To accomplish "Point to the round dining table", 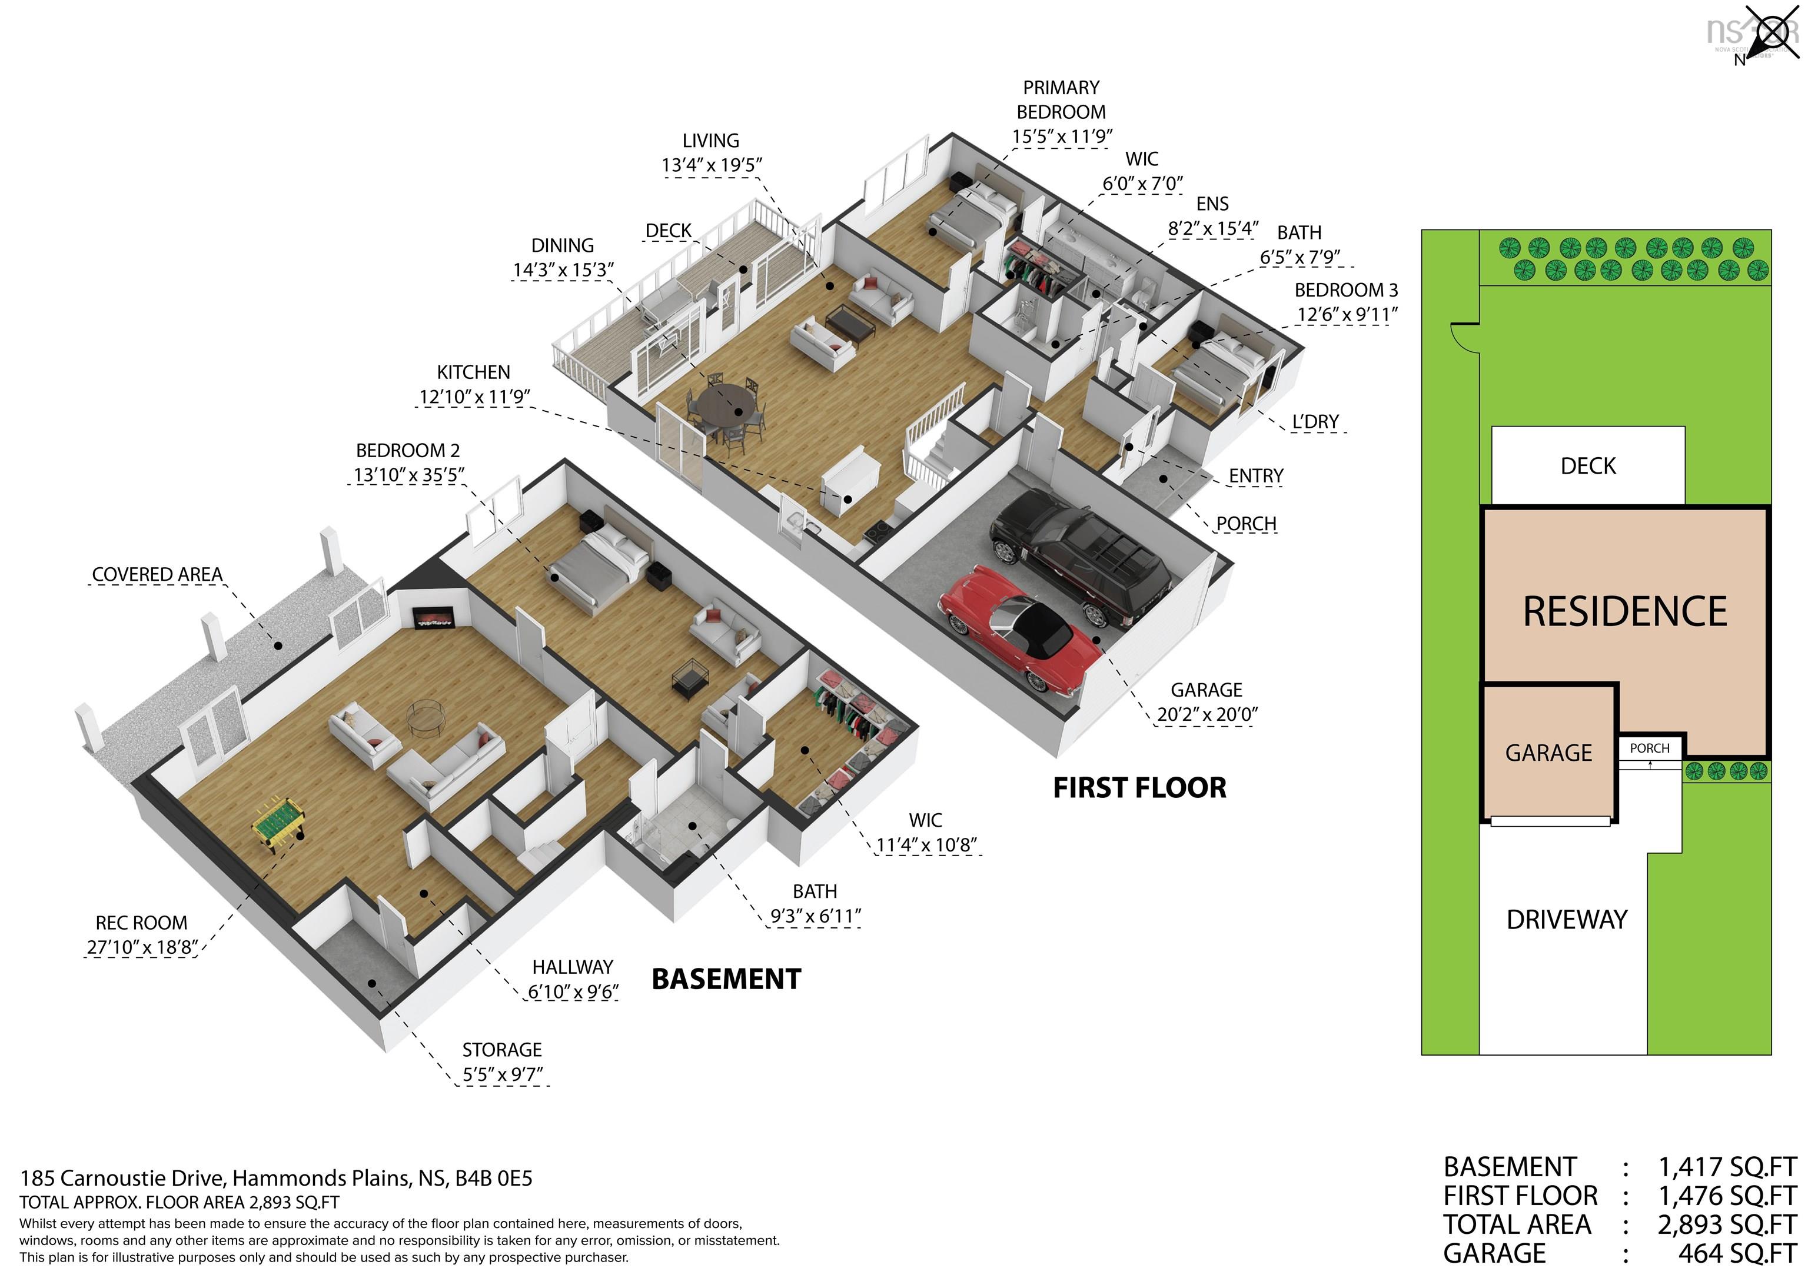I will [x=726, y=403].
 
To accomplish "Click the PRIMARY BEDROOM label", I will [x=1061, y=100].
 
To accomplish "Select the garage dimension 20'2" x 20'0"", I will [x=1207, y=714].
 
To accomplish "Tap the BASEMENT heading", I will [x=726, y=979].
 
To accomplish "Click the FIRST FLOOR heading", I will [x=1139, y=787].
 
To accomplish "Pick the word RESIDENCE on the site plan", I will [x=1624, y=612].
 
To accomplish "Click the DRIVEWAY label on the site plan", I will [x=1566, y=920].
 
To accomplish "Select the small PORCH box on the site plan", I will [x=1649, y=748].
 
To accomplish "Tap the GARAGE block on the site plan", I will [x=1548, y=753].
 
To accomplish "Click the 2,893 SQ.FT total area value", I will [x=1727, y=1224].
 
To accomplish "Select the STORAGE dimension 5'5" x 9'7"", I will [x=503, y=1074].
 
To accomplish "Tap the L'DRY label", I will [x=1315, y=422].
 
